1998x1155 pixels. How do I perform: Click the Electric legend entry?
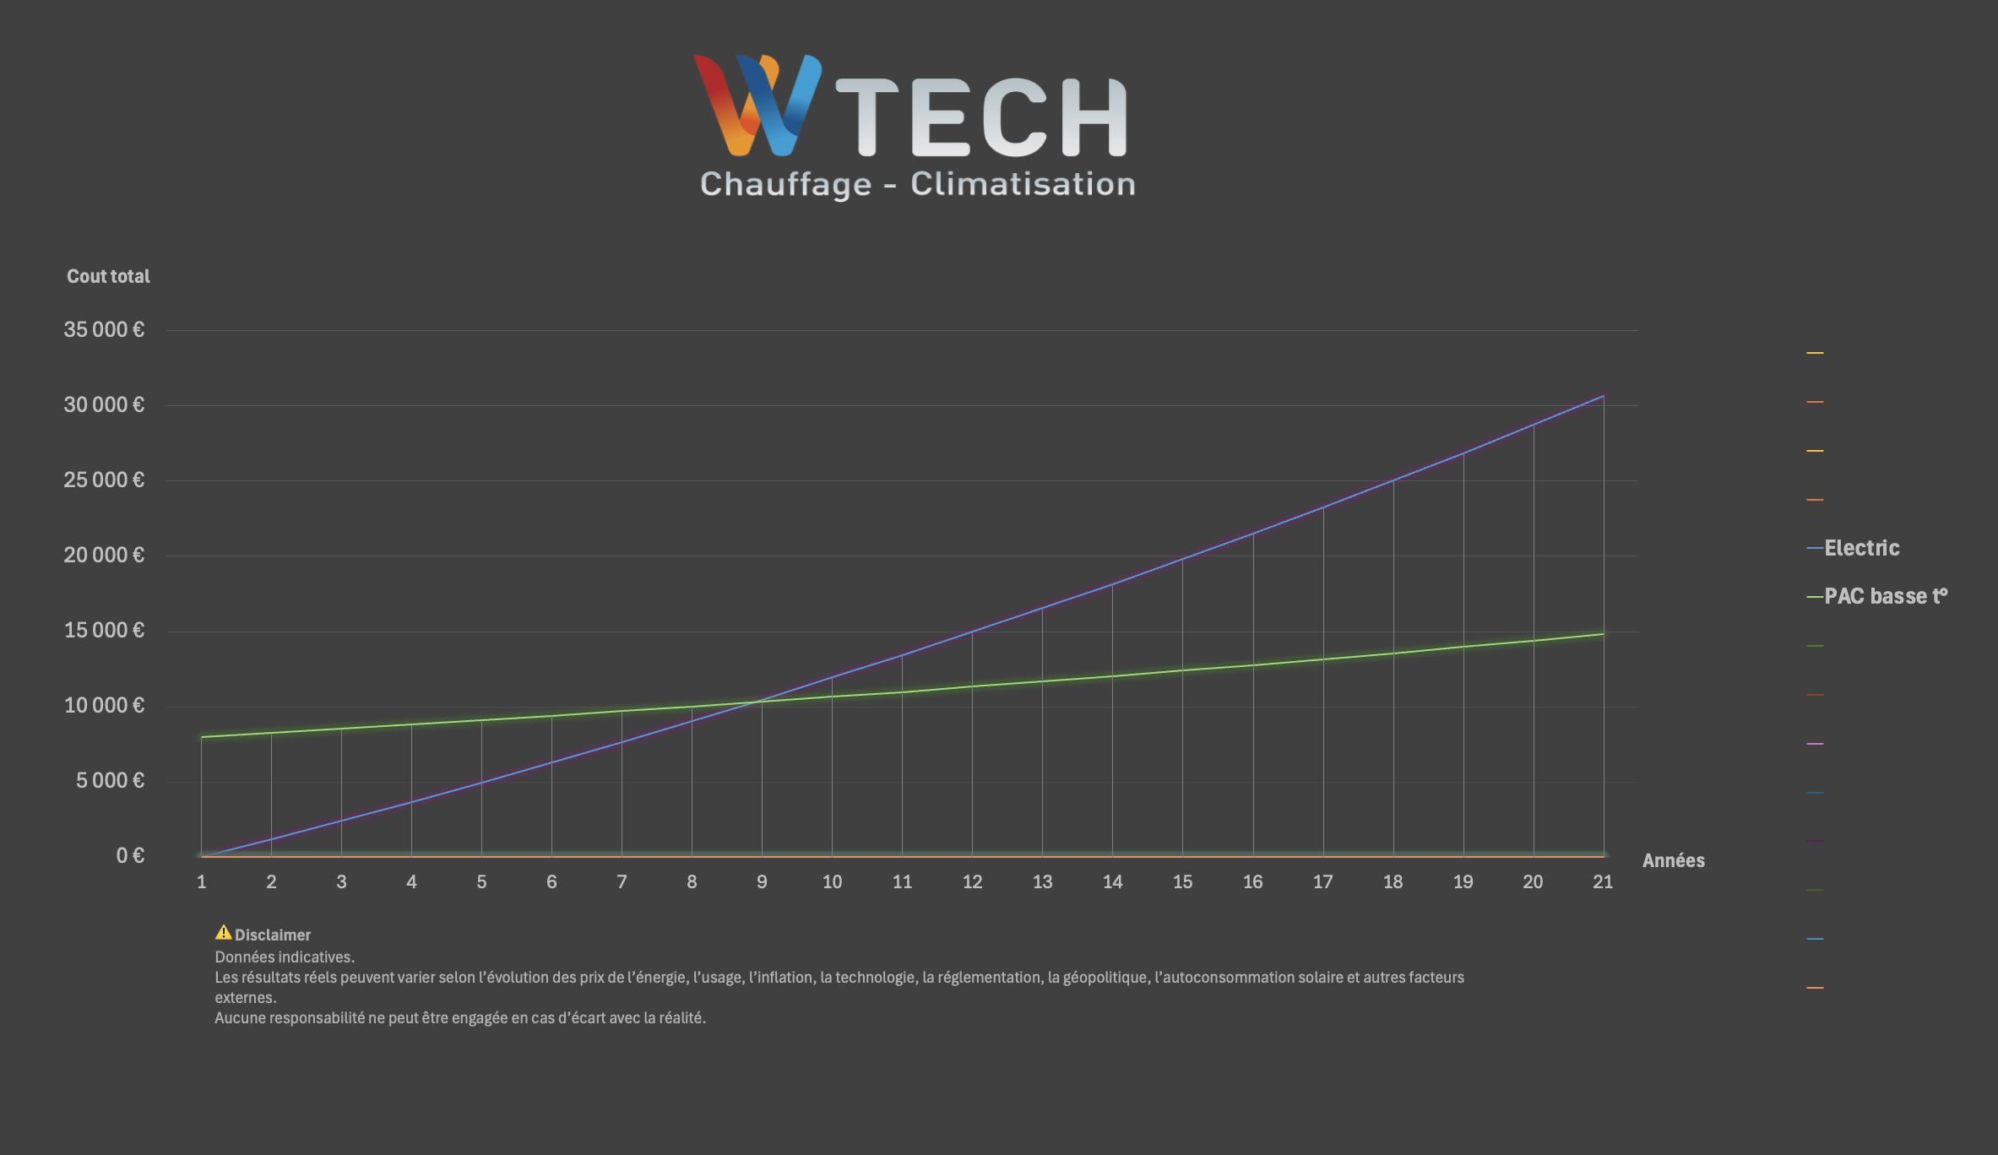(1861, 548)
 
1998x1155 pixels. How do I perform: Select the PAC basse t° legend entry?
(1885, 596)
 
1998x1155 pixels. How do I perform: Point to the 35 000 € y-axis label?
(104, 329)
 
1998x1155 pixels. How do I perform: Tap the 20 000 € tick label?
(104, 555)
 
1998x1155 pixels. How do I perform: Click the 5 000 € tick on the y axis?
(110, 780)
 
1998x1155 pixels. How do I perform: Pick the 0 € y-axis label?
(130, 855)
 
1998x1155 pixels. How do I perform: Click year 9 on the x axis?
(762, 881)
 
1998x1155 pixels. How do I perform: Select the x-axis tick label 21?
(1603, 881)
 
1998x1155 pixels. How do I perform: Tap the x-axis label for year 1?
(201, 881)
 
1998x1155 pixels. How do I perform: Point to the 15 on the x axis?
(1182, 881)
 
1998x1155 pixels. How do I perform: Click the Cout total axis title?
(108, 276)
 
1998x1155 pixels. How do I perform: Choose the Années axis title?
(1673, 860)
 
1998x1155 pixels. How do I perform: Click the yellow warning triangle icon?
(223, 932)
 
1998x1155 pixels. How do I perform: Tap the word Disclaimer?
(272, 935)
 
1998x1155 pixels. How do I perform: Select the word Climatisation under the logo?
(1023, 184)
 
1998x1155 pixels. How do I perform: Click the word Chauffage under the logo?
(785, 184)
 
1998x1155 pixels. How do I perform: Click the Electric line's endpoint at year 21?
(1603, 396)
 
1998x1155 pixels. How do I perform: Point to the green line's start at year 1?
(202, 737)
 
